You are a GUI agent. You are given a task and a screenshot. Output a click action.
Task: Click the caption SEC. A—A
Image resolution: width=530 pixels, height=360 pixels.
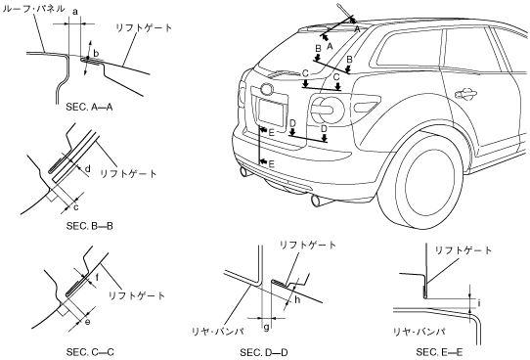pyautogui.click(x=89, y=108)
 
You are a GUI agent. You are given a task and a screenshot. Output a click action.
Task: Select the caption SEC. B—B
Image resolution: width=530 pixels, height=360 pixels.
pyautogui.click(x=90, y=226)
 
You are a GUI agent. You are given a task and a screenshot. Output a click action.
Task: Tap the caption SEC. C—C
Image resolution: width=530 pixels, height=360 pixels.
pyautogui.click(x=90, y=352)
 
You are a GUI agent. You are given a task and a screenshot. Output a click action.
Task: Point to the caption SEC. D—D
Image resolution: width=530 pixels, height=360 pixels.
pyautogui.click(x=264, y=352)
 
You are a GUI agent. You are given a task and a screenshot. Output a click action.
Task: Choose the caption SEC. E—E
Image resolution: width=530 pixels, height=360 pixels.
pyautogui.click(x=439, y=352)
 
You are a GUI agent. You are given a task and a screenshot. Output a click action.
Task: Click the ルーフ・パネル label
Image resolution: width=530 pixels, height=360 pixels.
pyautogui.click(x=33, y=9)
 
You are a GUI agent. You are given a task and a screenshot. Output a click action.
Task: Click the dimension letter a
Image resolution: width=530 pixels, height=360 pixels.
pyautogui.click(x=75, y=12)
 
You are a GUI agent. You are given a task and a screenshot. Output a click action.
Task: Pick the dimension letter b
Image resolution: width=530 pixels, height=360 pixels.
pyautogui.click(x=96, y=54)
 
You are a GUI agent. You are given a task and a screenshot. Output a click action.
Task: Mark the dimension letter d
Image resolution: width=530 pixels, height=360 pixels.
pyautogui.click(x=88, y=168)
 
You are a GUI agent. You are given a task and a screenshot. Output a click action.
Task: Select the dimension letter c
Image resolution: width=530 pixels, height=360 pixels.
pyautogui.click(x=75, y=206)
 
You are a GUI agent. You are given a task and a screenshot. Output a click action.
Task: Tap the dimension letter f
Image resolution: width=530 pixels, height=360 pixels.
pyautogui.click(x=97, y=278)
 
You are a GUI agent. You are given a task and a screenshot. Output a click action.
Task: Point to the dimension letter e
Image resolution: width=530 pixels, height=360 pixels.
pyautogui.click(x=87, y=322)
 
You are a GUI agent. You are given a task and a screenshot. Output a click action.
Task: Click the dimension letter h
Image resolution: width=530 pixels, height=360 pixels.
pyautogui.click(x=297, y=299)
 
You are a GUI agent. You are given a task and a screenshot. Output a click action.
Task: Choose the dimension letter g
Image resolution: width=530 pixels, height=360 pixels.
pyautogui.click(x=266, y=327)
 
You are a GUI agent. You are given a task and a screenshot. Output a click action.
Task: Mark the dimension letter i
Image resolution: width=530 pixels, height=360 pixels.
pyautogui.click(x=479, y=302)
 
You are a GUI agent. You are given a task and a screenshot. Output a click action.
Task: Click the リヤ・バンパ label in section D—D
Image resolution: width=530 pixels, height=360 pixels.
pyautogui.click(x=218, y=332)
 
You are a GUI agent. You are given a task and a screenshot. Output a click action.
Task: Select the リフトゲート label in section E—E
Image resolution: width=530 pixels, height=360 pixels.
pyautogui.click(x=464, y=250)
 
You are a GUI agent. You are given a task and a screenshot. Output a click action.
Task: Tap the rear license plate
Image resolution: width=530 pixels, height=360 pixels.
pyautogui.click(x=271, y=112)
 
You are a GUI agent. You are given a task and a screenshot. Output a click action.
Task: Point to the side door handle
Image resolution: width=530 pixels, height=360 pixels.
pyautogui.click(x=465, y=94)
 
